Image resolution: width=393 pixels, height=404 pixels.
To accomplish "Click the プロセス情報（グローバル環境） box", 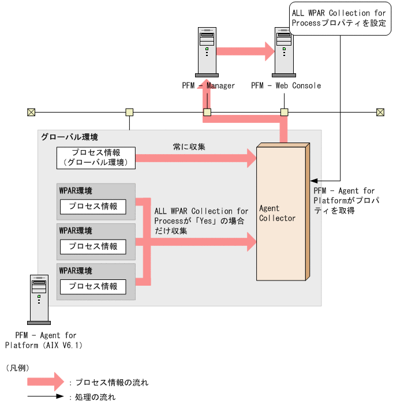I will tap(96, 158).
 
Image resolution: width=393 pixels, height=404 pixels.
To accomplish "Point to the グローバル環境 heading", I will tap(69, 137).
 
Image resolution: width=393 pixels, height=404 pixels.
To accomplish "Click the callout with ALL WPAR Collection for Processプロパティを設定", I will tap(338, 18).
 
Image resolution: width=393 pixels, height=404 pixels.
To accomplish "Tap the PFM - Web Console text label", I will tap(286, 86).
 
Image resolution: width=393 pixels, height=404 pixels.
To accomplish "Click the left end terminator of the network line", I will tap(31, 112).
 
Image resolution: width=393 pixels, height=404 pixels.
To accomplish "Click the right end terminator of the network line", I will tap(380, 112).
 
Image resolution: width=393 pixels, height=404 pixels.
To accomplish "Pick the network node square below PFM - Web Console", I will tap(284, 112).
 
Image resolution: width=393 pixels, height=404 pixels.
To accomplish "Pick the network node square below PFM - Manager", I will tap(207, 112).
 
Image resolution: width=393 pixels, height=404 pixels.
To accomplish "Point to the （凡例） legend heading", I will tap(17, 368).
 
